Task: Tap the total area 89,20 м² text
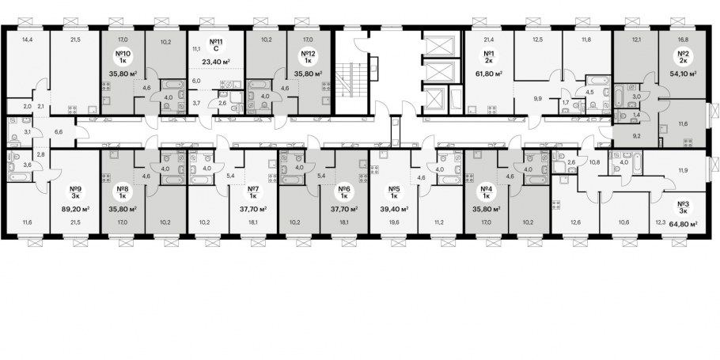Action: (x=75, y=209)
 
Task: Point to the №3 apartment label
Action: (x=683, y=205)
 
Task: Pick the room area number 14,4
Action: (x=28, y=40)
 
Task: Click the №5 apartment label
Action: (x=393, y=189)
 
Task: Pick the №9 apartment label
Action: (x=75, y=189)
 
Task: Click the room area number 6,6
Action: (x=59, y=132)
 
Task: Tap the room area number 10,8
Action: (x=595, y=161)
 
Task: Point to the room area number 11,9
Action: (x=684, y=171)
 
